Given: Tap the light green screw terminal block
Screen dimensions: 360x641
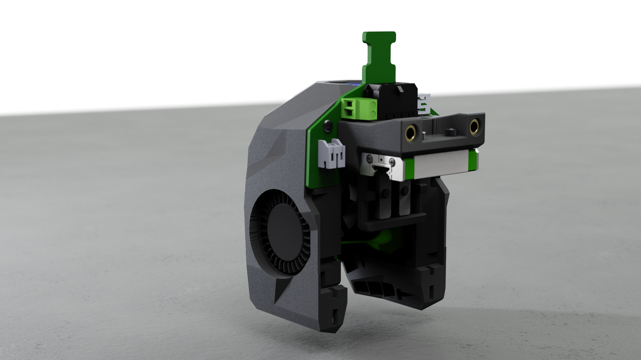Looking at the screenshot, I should [x=362, y=107].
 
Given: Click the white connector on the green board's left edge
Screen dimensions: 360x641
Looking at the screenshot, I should [x=332, y=153].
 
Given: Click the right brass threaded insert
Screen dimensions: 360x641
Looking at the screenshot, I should [x=474, y=127].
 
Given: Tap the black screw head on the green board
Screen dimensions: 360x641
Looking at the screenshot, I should [x=326, y=127].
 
